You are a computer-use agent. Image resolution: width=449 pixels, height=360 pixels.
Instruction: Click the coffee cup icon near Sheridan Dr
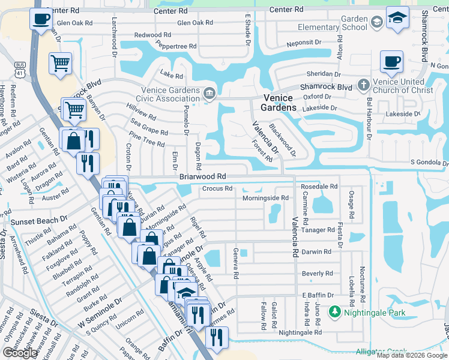click(x=391, y=61)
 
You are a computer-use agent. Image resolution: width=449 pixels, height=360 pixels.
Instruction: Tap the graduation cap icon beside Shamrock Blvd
click(x=397, y=17)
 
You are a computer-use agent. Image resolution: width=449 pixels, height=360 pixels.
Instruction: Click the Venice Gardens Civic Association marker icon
click(x=209, y=92)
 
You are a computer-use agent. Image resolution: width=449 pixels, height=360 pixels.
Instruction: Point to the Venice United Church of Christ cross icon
click(x=363, y=85)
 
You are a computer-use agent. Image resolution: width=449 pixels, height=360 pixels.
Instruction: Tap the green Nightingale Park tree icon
click(x=334, y=312)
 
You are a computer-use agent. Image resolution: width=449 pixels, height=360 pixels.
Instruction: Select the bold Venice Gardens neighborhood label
click(x=279, y=103)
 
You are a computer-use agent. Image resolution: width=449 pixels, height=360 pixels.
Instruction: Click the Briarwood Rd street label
click(x=202, y=176)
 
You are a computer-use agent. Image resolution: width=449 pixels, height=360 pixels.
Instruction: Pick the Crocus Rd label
click(x=217, y=188)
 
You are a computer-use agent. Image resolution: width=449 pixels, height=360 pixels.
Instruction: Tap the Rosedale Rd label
click(x=319, y=187)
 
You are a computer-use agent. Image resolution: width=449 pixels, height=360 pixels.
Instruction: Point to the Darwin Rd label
click(x=316, y=252)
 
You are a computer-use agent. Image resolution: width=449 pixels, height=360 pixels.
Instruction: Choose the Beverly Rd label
click(x=316, y=274)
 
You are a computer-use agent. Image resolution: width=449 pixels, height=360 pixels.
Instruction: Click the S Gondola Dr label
click(x=429, y=163)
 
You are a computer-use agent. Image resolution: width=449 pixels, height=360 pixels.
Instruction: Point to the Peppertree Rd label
click(x=176, y=46)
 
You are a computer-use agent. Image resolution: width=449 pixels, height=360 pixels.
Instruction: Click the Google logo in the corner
click(x=20, y=353)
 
